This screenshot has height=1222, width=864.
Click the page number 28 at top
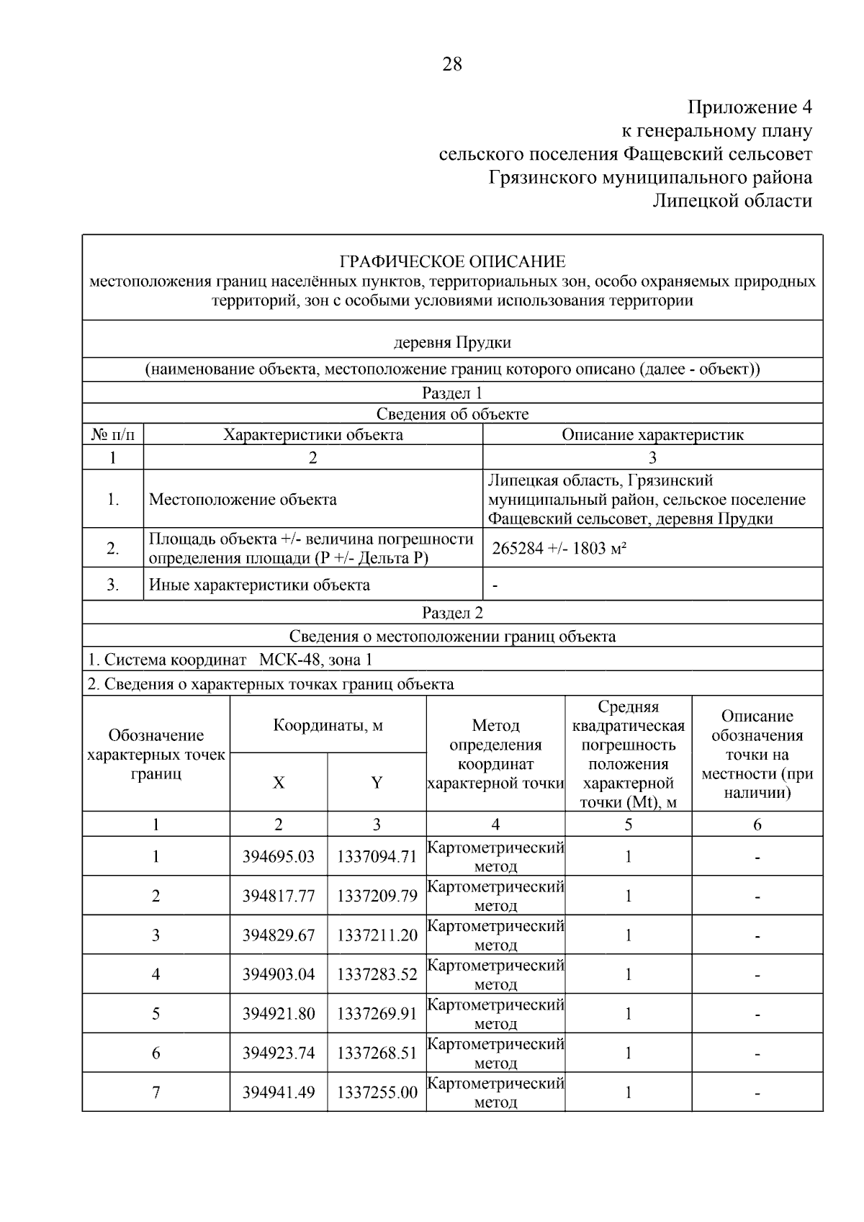[452, 65]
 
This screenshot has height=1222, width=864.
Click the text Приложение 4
[749, 107]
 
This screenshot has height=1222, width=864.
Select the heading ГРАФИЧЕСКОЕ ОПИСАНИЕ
[452, 261]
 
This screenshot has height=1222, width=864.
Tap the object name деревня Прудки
[452, 342]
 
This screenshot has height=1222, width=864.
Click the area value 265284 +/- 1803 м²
[559, 549]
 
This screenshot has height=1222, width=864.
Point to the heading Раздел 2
[452, 613]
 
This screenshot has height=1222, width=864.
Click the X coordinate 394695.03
[279, 857]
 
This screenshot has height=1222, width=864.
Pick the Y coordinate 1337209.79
[377, 896]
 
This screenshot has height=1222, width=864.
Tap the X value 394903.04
[279, 974]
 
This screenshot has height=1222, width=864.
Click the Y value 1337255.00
[377, 1092]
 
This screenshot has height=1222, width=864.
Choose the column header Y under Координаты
[377, 783]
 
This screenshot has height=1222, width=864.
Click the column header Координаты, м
[328, 725]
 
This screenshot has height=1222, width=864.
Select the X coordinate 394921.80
[279, 1014]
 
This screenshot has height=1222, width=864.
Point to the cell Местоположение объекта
[243, 500]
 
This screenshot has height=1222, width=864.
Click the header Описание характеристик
[652, 435]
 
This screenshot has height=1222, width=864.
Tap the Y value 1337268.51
[377, 1053]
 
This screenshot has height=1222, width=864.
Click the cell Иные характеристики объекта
[259, 585]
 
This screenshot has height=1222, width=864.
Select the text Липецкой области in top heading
[732, 201]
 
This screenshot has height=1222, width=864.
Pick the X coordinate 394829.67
[279, 935]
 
